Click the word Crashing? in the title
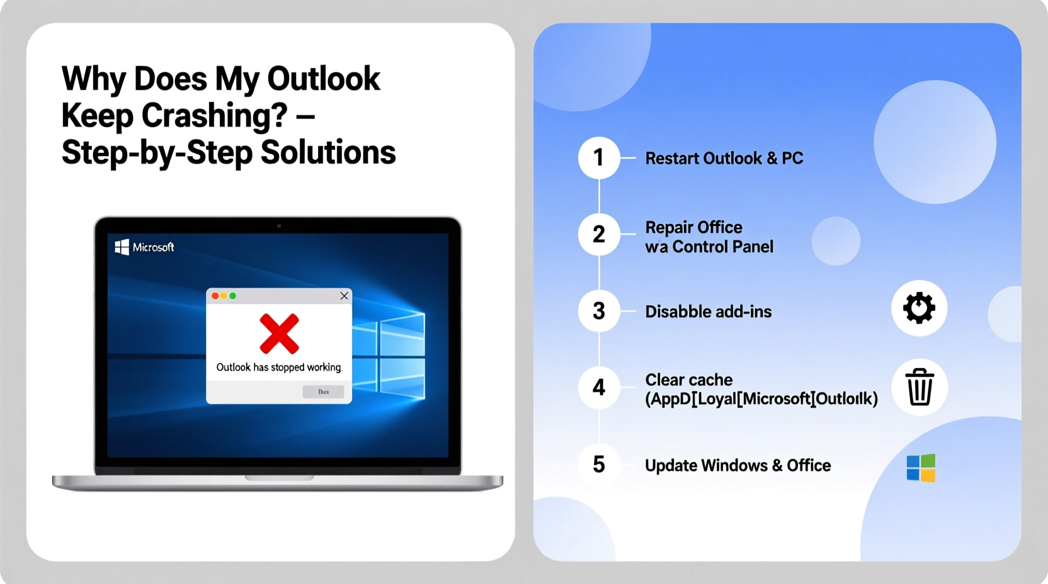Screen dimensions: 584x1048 (x=214, y=116)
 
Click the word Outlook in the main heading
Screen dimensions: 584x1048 (x=323, y=79)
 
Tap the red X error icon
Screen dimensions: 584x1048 (x=279, y=334)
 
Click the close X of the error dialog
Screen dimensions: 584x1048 (x=344, y=296)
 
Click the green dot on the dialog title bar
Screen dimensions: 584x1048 (x=233, y=296)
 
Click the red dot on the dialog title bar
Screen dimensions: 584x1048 (x=215, y=296)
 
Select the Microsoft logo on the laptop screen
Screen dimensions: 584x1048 (x=144, y=247)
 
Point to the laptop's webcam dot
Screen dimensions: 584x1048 (x=279, y=225)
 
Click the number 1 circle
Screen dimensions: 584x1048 (x=598, y=158)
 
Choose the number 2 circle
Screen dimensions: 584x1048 (x=598, y=235)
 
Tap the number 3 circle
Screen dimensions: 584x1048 (x=598, y=311)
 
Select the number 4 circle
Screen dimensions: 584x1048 (x=598, y=388)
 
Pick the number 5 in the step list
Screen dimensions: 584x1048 (x=598, y=465)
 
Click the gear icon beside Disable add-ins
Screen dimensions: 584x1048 (x=919, y=308)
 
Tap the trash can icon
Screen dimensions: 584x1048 (x=919, y=388)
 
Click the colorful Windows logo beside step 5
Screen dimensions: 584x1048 (x=920, y=468)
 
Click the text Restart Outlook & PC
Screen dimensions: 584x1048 (x=724, y=159)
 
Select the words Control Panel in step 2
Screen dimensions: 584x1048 (x=722, y=247)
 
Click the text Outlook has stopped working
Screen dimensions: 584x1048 (x=279, y=368)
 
